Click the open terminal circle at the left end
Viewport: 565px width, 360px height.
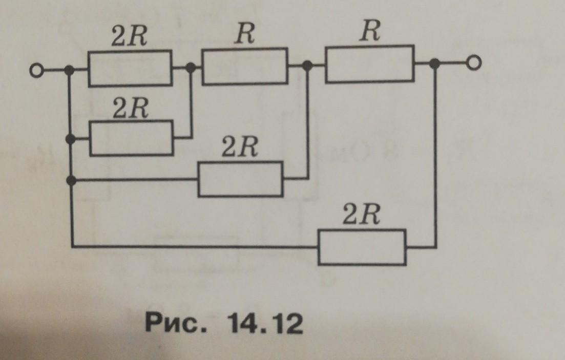[x=36, y=70]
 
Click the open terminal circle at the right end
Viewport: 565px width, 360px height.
[x=473, y=63]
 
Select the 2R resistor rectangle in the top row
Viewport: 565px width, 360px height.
[x=130, y=69]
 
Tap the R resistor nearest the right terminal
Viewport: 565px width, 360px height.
[x=370, y=64]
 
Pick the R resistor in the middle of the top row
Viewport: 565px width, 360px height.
[x=245, y=66]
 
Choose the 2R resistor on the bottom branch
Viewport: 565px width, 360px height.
[x=362, y=247]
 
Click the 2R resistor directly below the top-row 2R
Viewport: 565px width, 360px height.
[x=132, y=138]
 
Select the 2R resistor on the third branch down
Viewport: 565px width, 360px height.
[x=241, y=179]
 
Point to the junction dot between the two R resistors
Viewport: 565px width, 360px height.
[x=307, y=65]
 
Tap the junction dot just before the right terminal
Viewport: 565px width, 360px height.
[x=435, y=63]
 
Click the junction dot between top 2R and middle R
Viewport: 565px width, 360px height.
[x=191, y=67]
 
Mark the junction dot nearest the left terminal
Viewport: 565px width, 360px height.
[x=69, y=70]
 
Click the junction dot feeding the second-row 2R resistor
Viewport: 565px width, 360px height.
[x=71, y=139]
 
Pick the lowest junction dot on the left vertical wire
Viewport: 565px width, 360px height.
[x=72, y=180]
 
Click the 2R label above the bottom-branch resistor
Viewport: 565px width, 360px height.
[x=361, y=215]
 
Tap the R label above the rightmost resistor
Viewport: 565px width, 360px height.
[x=370, y=31]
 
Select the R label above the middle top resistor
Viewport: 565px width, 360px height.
[x=245, y=34]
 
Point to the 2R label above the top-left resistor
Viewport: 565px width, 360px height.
[x=129, y=36]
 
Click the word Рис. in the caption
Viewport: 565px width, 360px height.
[x=176, y=323]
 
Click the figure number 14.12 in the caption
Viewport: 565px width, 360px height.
[x=265, y=323]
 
